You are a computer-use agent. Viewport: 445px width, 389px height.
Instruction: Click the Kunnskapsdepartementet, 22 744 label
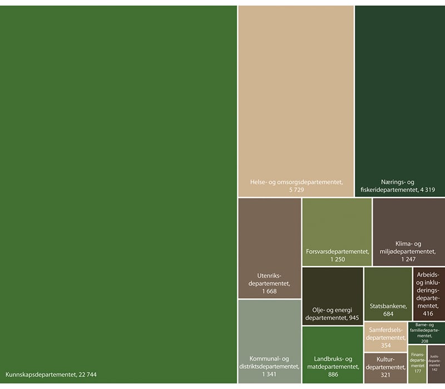(x=55, y=374)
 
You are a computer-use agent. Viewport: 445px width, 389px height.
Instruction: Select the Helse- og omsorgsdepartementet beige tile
(x=296, y=100)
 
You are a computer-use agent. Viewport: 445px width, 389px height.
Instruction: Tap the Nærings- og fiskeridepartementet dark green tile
(x=399, y=100)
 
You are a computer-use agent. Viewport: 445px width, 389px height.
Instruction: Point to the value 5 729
(x=296, y=190)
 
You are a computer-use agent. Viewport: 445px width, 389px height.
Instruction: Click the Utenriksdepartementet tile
(x=270, y=248)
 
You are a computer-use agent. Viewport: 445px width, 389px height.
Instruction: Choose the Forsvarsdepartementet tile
(x=337, y=232)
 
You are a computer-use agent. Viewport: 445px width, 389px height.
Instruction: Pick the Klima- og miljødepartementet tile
(x=408, y=232)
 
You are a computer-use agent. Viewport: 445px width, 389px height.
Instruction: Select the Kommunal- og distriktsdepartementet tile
(x=270, y=341)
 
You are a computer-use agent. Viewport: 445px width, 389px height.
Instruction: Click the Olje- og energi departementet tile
(x=333, y=296)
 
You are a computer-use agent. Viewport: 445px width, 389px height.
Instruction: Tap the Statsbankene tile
(x=388, y=293)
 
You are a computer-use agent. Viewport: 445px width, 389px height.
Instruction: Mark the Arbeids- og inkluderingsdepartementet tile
(x=428, y=293)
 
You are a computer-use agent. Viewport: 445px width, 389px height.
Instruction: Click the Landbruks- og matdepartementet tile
(x=333, y=354)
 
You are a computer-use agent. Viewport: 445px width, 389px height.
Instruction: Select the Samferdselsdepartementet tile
(x=385, y=337)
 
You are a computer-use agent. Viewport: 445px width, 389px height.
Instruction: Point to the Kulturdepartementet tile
(x=385, y=368)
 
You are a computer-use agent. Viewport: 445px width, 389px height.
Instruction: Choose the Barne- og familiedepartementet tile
(x=426, y=333)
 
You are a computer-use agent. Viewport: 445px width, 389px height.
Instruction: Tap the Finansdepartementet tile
(x=417, y=364)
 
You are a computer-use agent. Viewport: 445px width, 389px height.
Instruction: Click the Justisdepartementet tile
(x=436, y=364)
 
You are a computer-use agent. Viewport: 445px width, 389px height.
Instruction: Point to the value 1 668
(x=269, y=292)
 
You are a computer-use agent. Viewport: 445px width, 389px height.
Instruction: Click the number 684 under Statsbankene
(x=388, y=314)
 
